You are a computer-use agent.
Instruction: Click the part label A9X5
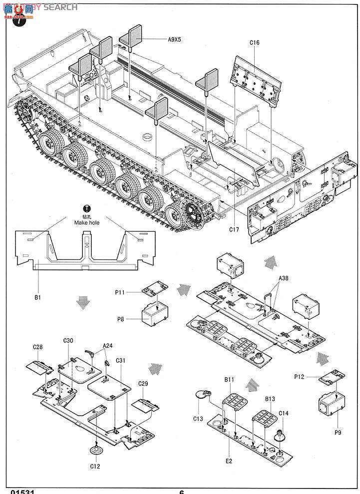tap(174, 39)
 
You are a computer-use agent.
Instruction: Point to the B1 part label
tap(37, 297)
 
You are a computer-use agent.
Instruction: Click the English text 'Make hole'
tap(87, 223)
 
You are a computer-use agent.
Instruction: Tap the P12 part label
tap(299, 377)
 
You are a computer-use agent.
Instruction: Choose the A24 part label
tap(107, 345)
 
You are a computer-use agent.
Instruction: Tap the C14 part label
tap(283, 413)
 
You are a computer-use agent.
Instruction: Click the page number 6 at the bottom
tap(182, 491)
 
